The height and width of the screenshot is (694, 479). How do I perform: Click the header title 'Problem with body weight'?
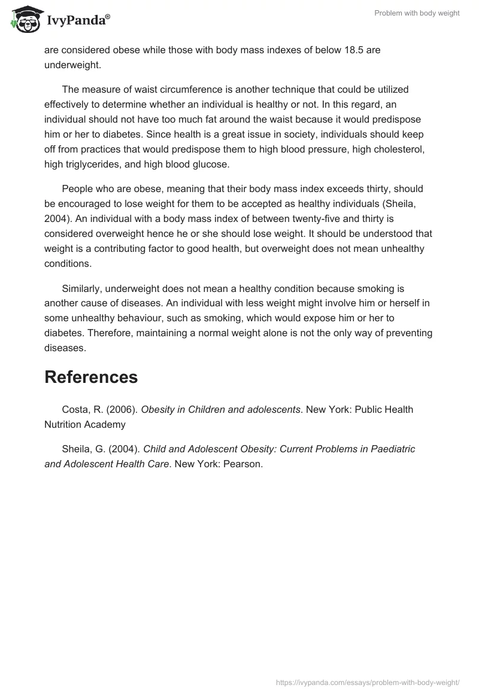click(417, 13)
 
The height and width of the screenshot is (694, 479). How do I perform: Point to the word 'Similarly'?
click(82, 290)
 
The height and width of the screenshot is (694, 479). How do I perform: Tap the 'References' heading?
click(91, 377)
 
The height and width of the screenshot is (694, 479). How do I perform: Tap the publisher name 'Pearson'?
click(242, 463)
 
